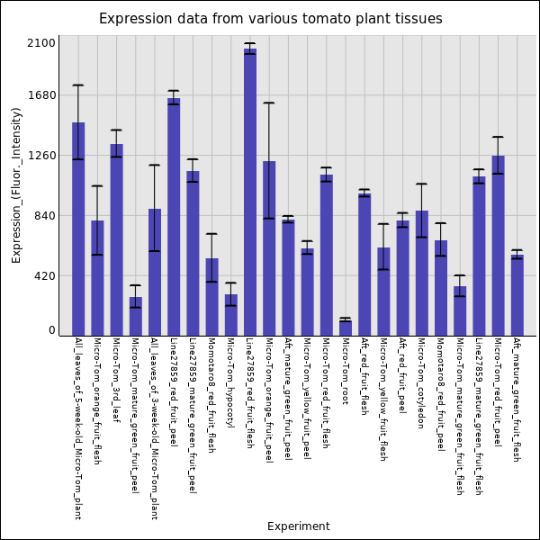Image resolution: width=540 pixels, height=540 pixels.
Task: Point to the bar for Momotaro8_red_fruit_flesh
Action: (211, 297)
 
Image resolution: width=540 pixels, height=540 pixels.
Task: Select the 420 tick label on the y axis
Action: (45, 276)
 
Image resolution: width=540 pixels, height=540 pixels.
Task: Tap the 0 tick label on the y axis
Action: (52, 330)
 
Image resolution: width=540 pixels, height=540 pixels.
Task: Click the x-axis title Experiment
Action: (298, 526)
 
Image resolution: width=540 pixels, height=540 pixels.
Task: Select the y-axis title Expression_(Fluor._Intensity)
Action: (16, 184)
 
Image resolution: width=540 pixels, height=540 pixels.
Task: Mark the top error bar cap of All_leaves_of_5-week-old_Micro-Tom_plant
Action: (78, 85)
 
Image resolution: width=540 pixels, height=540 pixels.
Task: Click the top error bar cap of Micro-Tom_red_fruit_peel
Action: (498, 137)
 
